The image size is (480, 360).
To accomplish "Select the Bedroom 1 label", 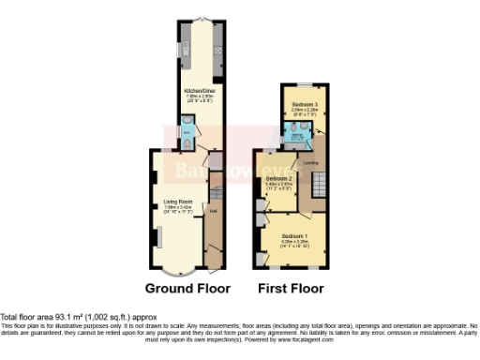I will click(x=295, y=235).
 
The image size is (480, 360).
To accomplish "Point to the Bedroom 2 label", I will click(x=279, y=178).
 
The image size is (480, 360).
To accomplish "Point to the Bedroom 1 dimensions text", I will click(x=295, y=244).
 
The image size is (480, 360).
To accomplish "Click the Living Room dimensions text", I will click(x=178, y=209).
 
